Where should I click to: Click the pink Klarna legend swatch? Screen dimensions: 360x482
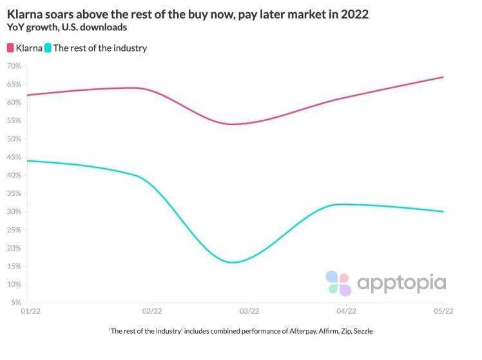pyautogui.click(x=11, y=48)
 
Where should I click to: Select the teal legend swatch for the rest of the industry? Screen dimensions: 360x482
pyautogui.click(x=48, y=48)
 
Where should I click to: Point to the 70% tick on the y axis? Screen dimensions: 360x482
pyautogui.click(x=14, y=66)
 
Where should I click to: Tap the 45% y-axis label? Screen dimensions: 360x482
pyautogui.click(x=14, y=157)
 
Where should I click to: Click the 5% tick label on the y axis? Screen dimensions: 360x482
pyautogui.click(x=16, y=303)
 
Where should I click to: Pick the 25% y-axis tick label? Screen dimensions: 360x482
pyautogui.click(x=14, y=230)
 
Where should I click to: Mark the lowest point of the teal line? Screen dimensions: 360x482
pyautogui.click(x=231, y=262)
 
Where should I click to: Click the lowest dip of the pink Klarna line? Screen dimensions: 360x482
pyautogui.click(x=231, y=124)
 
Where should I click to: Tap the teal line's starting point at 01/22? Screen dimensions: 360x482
pyautogui.click(x=27, y=160)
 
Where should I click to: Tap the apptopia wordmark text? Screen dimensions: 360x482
pyautogui.click(x=401, y=283)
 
